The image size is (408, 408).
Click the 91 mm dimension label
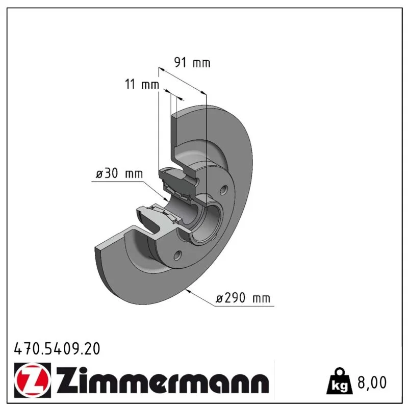(192, 63)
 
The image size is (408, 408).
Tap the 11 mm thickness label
(142, 84)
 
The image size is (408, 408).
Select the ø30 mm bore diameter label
(119, 173)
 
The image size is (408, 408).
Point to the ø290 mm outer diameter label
(243, 298)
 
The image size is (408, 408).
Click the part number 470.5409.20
(57, 349)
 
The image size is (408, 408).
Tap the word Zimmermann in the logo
(163, 380)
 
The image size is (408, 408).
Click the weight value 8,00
(372, 382)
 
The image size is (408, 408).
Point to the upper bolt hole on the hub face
(223, 190)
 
